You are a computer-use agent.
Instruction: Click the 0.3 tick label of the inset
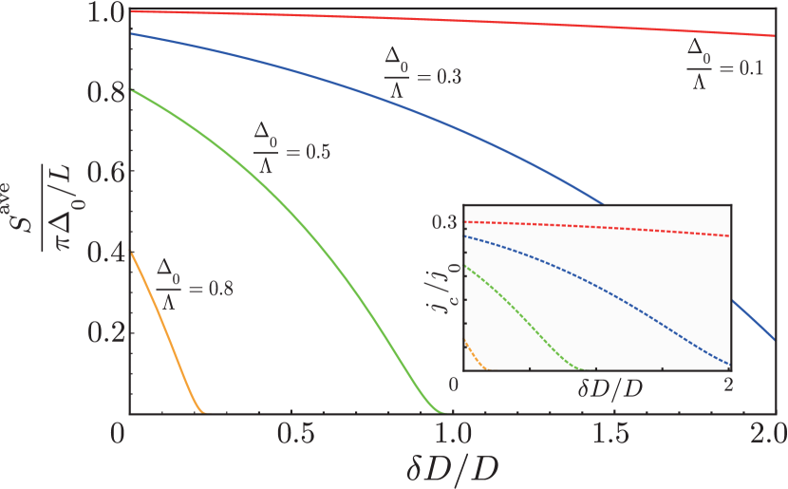(446, 221)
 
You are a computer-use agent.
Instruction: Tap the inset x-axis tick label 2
(728, 383)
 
